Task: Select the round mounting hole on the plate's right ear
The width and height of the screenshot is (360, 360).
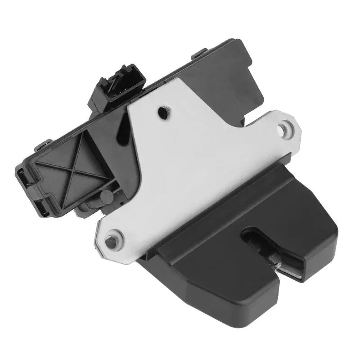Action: tap(282, 129)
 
